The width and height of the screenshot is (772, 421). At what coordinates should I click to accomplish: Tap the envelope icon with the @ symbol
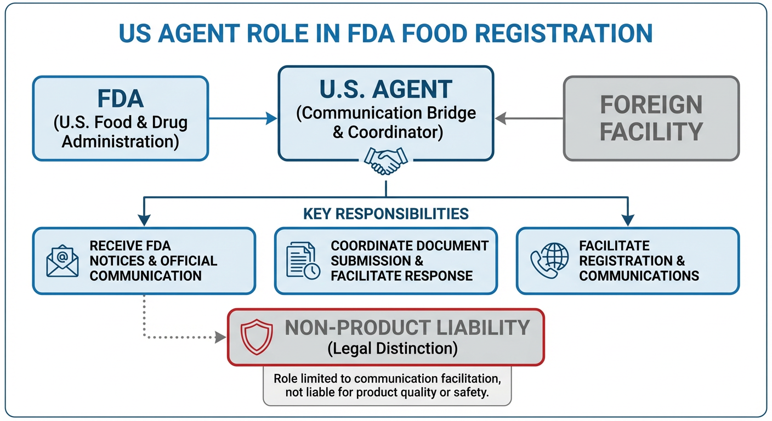point(62,261)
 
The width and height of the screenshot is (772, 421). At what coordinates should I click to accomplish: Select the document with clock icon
point(303,261)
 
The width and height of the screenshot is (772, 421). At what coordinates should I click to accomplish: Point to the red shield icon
point(257,337)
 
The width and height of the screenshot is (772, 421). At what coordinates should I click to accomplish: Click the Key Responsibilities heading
point(386,213)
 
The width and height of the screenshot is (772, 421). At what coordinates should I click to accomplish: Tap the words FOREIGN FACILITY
point(651,118)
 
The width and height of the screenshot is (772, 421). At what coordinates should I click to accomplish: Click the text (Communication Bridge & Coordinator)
point(386,122)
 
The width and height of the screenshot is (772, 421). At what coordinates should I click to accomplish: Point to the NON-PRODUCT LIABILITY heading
point(407,327)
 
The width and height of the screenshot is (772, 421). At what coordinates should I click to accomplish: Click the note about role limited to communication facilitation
point(387,386)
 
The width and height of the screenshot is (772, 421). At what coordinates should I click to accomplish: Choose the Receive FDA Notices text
point(153,261)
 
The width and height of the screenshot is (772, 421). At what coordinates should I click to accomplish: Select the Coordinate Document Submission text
point(409,261)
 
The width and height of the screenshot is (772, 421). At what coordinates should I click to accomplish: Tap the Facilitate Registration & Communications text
point(639,261)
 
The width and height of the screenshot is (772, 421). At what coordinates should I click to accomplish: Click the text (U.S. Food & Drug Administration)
point(120,132)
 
